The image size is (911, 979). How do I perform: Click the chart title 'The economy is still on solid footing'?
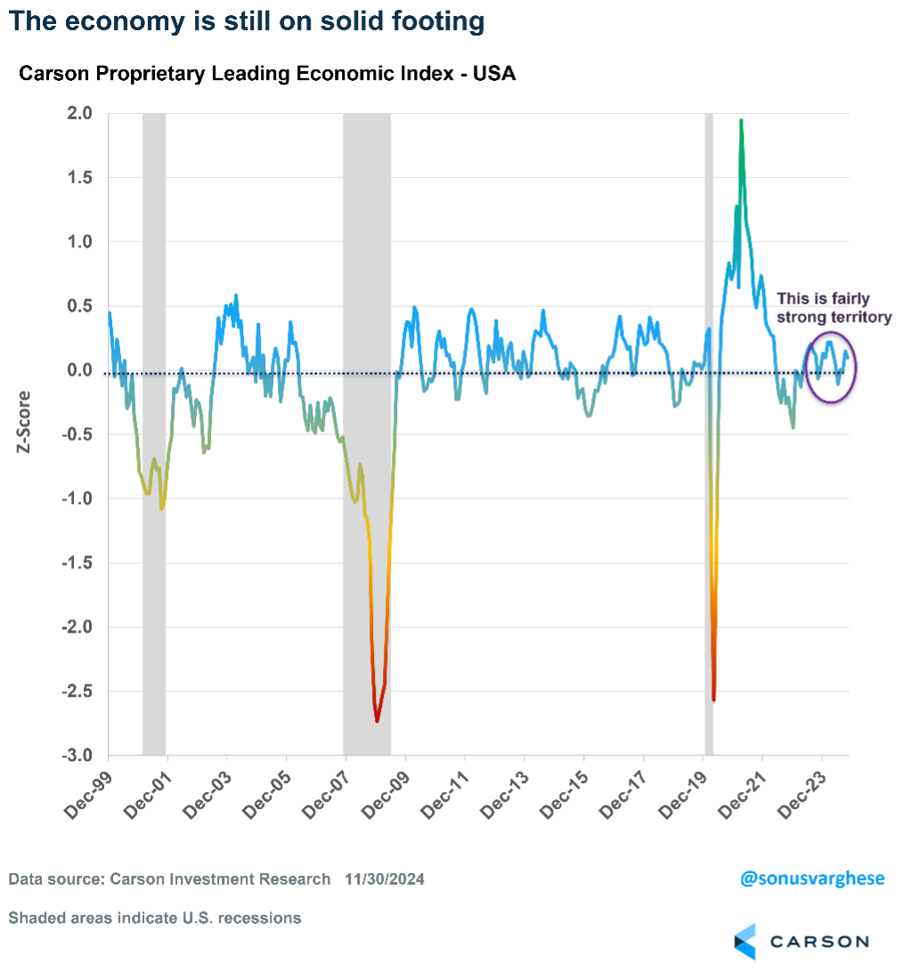point(247,21)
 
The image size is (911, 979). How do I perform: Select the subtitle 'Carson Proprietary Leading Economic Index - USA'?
point(267,74)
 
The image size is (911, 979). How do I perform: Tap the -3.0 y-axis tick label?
point(78,756)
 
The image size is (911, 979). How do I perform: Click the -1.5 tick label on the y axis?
point(78,563)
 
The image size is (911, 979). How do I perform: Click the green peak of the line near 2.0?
point(741,121)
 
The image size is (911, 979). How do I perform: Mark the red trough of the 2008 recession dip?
point(377,720)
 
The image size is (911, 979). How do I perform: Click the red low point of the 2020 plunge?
point(714,700)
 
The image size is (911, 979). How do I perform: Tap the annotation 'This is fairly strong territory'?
point(833,307)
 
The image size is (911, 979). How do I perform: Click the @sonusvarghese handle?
point(812,878)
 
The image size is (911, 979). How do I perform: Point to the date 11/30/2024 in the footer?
point(385,879)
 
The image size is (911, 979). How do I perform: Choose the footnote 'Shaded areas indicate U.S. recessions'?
point(155,918)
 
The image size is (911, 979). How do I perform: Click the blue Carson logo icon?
point(744,942)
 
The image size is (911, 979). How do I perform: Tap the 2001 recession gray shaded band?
point(154,445)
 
